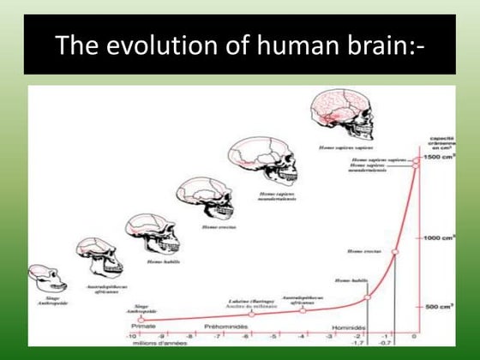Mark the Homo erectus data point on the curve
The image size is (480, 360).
(x=395, y=251)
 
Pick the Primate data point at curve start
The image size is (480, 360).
(x=141, y=320)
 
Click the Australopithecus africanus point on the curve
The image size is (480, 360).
(x=302, y=310)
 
